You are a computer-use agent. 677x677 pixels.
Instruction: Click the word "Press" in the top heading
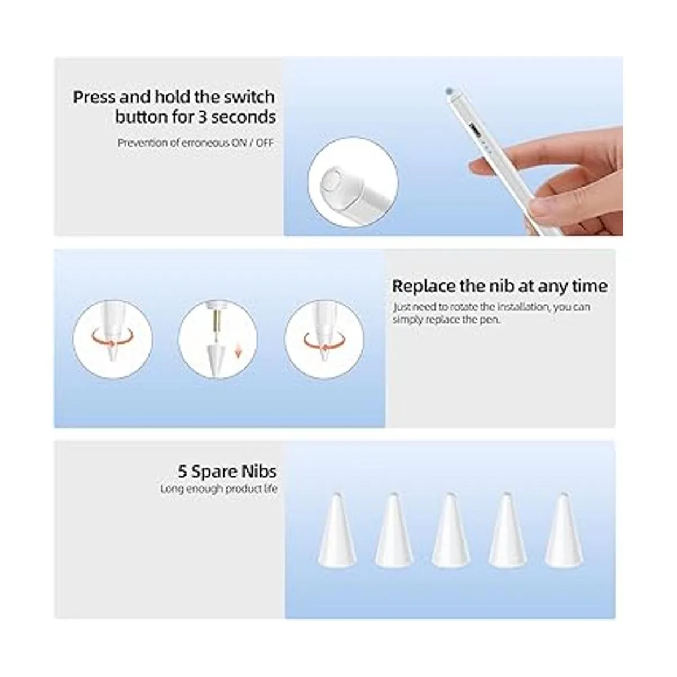(x=94, y=97)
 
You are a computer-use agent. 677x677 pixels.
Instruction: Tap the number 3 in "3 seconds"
(x=203, y=117)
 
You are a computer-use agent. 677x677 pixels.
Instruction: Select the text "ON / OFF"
(x=252, y=143)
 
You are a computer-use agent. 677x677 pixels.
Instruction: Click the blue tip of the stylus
(x=449, y=91)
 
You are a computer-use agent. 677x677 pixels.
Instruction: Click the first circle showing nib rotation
(x=112, y=339)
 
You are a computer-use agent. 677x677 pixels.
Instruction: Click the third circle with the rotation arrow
(x=324, y=339)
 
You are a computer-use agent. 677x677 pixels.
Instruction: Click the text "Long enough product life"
(x=218, y=489)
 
